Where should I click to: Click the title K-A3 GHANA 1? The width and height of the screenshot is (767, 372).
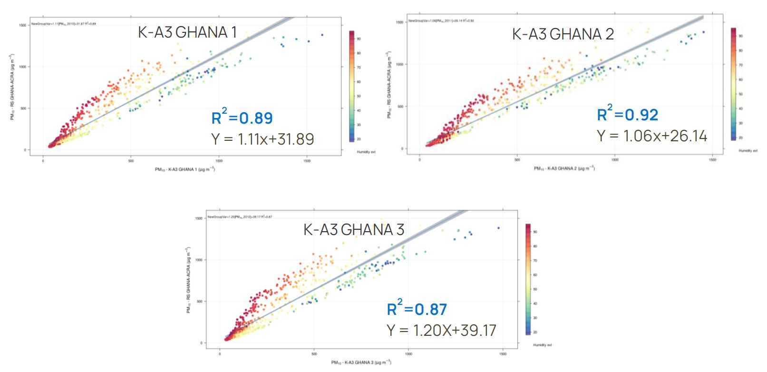(x=187, y=32)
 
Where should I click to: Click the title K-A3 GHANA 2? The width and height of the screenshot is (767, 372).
(x=563, y=34)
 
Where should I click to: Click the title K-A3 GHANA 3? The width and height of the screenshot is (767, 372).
(x=354, y=230)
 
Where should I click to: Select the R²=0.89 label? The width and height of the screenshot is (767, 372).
(x=242, y=117)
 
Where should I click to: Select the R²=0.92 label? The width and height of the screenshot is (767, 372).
(x=628, y=114)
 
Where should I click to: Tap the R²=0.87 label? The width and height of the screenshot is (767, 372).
(x=417, y=309)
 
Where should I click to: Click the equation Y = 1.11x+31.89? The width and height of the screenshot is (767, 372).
(x=262, y=139)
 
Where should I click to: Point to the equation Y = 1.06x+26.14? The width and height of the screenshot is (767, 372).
(x=652, y=136)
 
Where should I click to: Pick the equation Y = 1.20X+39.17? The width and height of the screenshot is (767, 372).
(x=441, y=330)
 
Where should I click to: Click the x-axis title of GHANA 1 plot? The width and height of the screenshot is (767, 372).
(x=185, y=169)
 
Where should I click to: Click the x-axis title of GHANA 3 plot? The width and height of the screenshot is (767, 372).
(x=361, y=362)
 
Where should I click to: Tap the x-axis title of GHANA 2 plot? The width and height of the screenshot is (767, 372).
(x=564, y=168)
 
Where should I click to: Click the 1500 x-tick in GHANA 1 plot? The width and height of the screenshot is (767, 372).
(x=307, y=161)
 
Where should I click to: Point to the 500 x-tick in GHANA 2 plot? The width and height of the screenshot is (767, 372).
(x=517, y=160)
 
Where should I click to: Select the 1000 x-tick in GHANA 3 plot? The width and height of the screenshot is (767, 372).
(x=408, y=354)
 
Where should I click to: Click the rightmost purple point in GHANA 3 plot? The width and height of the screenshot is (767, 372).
(x=498, y=228)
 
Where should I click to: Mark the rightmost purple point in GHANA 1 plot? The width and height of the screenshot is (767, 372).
(x=322, y=35)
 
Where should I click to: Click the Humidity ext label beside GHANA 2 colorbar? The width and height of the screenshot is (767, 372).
(x=748, y=151)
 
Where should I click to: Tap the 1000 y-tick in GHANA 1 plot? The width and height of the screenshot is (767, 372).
(x=22, y=67)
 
